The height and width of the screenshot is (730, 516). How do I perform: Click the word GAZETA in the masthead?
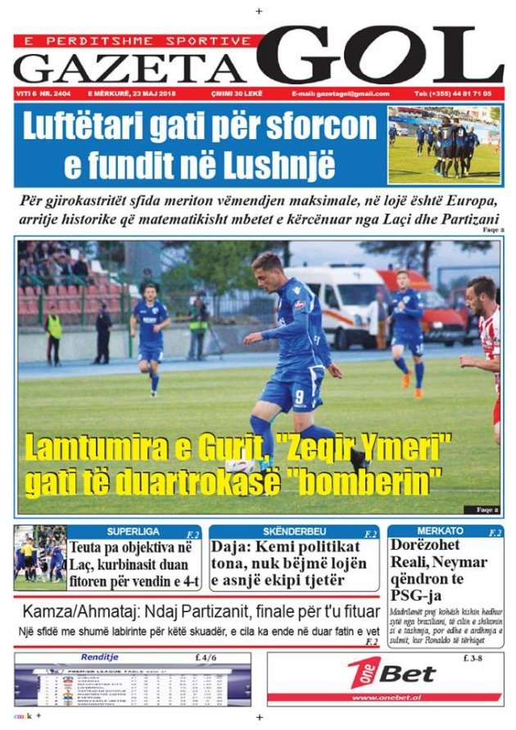click(x=129, y=67)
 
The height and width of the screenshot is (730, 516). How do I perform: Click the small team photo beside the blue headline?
click(x=443, y=144)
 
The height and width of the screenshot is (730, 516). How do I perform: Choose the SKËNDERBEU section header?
click(x=291, y=532)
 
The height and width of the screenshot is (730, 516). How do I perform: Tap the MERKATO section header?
click(x=440, y=532)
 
